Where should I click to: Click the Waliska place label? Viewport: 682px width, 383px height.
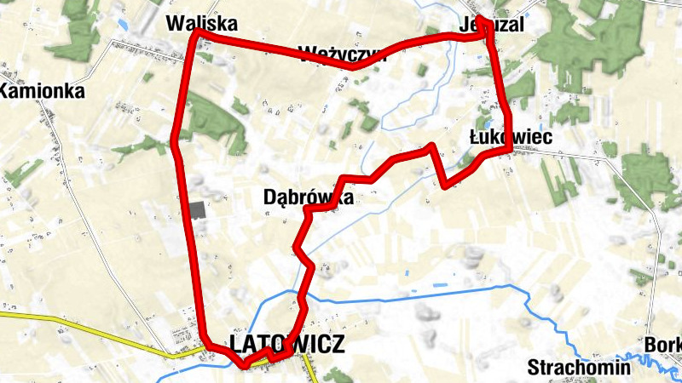[202, 23]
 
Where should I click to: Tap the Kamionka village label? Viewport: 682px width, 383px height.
[43, 91]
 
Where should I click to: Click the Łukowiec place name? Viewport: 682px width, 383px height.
[511, 136]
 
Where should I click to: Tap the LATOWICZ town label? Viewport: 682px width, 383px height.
[286, 344]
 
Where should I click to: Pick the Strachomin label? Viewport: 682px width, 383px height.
[579, 368]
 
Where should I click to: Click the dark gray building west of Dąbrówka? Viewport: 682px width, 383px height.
[198, 210]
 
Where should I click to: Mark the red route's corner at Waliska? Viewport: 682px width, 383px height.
[197, 31]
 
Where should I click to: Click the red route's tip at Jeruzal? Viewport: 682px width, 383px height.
[481, 19]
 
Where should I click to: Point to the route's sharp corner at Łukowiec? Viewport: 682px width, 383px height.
[511, 149]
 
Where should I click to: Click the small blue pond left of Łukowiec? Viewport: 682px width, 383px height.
[463, 156]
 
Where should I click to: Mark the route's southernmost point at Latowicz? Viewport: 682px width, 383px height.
[246, 365]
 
